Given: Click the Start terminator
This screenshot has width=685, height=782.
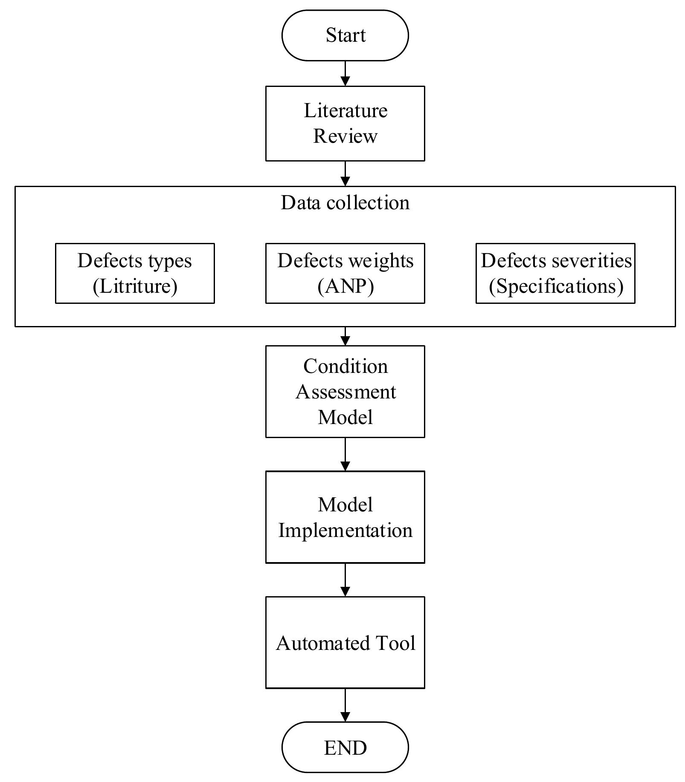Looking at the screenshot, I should point(345,35).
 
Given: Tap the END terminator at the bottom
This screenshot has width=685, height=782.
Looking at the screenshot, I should point(345,747).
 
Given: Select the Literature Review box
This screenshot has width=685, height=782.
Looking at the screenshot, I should point(345,123).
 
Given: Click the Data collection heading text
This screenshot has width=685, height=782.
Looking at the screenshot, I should point(345,202).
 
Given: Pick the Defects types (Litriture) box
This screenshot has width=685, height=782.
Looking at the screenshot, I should point(135,273).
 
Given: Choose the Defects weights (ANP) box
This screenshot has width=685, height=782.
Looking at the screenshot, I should point(345,273).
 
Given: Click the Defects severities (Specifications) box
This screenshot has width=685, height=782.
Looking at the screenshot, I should point(555,273).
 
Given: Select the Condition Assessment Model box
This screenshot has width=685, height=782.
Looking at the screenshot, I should point(345,391).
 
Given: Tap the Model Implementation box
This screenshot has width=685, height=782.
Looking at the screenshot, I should point(345,517).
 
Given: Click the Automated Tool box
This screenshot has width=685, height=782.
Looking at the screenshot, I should point(345,642).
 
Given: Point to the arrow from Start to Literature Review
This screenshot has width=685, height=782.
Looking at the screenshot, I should point(345,73).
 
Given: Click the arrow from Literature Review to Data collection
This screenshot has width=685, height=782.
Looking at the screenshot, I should point(345,173).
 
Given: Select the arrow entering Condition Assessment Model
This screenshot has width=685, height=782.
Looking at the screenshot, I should point(345,336).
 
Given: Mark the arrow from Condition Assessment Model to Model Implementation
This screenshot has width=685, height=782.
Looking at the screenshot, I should point(345,454).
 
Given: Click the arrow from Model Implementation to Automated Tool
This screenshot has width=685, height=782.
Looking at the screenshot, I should point(345,580).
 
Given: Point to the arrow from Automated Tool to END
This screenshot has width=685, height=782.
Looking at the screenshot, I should point(345,705).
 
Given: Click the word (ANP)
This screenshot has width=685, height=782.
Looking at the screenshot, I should point(345,286).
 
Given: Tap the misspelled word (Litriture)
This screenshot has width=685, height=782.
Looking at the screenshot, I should point(135,286).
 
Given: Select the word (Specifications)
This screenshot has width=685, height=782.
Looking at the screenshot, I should point(556,286).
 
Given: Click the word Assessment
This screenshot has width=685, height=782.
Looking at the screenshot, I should point(345,392).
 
